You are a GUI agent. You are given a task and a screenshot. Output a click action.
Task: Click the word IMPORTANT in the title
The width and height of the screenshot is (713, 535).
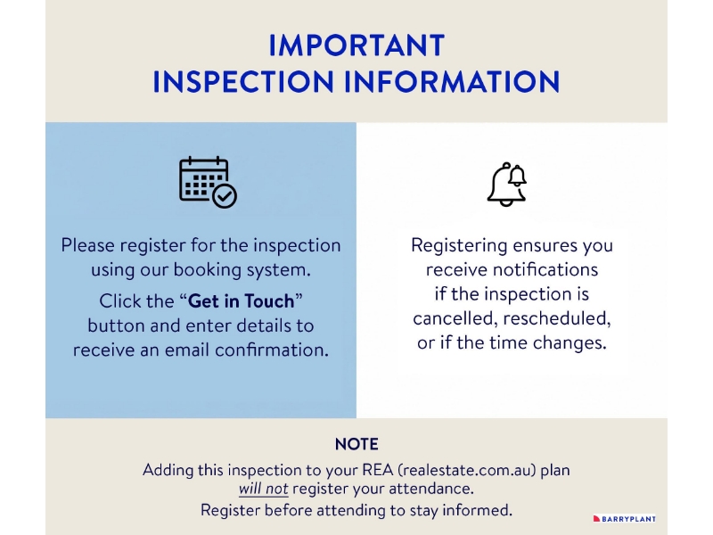pyautogui.click(x=356, y=45)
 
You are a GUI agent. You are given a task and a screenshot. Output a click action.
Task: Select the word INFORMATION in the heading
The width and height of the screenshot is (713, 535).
pyautogui.click(x=452, y=82)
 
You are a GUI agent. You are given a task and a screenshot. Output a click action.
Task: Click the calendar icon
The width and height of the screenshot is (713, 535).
pyautogui.click(x=208, y=182)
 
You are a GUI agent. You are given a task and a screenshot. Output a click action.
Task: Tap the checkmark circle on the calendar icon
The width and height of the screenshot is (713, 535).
pyautogui.click(x=225, y=196)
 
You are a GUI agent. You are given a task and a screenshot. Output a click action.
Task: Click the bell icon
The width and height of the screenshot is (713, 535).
pyautogui.click(x=507, y=185)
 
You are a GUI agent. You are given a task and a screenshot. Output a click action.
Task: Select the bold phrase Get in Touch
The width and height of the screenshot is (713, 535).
pyautogui.click(x=241, y=301)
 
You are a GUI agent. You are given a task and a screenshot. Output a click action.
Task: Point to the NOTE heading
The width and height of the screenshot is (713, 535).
pyautogui.click(x=356, y=444)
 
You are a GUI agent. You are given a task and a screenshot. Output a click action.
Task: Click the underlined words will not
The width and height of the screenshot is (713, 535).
pyautogui.click(x=263, y=489)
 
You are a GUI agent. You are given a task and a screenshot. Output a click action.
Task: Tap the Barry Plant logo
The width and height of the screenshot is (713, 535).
pyautogui.click(x=625, y=519)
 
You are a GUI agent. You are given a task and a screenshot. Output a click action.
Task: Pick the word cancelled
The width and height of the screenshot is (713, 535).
pyautogui.click(x=455, y=318)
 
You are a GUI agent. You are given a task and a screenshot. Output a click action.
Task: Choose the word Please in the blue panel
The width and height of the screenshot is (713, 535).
pyautogui.click(x=87, y=245)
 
